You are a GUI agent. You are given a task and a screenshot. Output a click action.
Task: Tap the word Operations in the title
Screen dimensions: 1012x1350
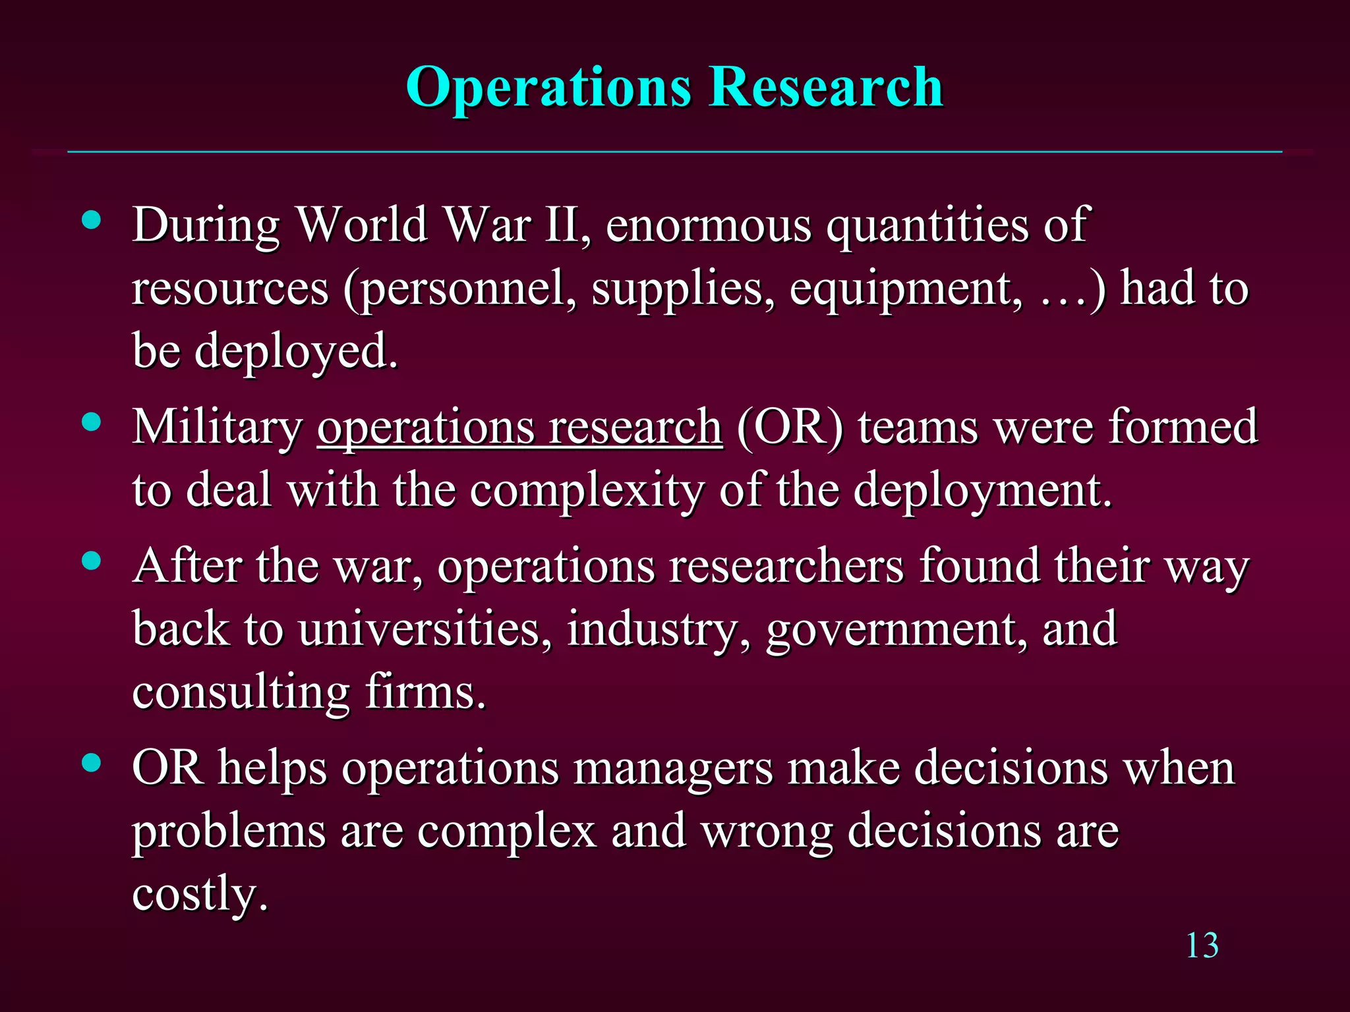548,88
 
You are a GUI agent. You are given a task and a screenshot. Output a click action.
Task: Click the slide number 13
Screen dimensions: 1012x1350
1202,946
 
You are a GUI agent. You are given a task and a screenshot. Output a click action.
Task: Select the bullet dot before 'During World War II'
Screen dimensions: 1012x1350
92,220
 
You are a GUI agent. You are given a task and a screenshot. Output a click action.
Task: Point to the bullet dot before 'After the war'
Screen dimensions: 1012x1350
92,561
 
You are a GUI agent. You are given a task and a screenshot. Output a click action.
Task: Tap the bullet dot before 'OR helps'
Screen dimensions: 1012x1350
92,763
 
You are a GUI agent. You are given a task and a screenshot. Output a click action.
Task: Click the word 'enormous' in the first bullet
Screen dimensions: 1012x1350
708,225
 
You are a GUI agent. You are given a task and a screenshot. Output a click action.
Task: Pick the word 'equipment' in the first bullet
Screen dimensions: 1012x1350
906,290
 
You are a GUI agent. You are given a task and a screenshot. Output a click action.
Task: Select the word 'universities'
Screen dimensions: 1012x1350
425,629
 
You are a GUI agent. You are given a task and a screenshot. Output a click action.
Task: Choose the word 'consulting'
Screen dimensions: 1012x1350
241,694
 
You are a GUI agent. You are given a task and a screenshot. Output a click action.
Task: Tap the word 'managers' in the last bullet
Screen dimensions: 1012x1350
673,769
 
